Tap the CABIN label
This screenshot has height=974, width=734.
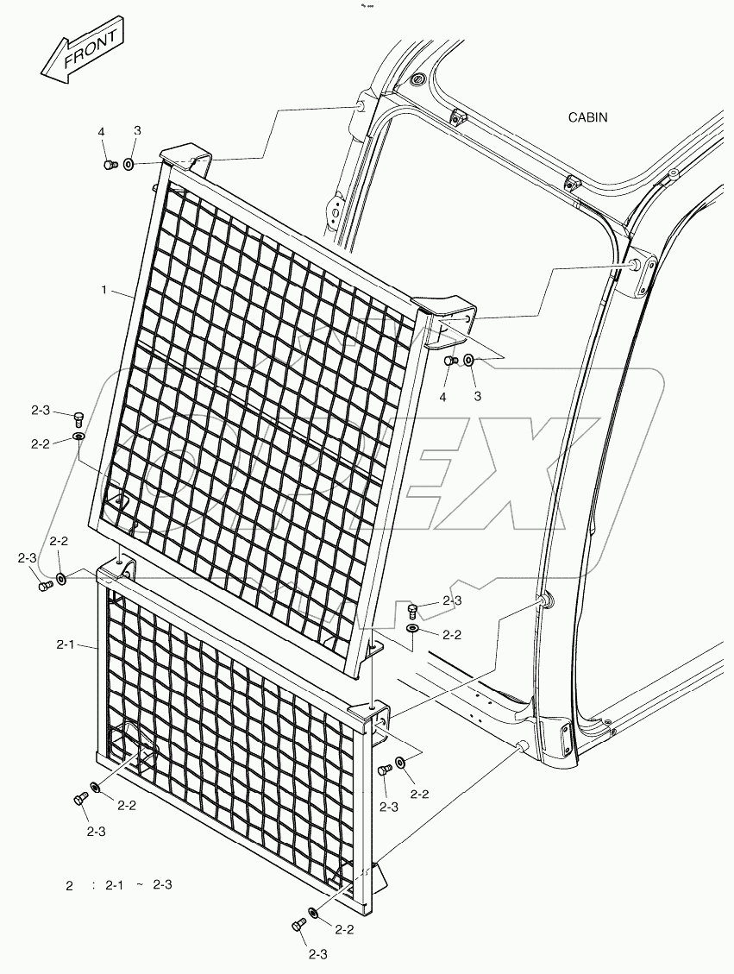pyautogui.click(x=587, y=117)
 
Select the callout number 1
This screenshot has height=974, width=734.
pyautogui.click(x=104, y=290)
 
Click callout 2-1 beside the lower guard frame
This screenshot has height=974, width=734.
pyautogui.click(x=66, y=645)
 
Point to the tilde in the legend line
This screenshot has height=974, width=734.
pyautogui.click(x=140, y=885)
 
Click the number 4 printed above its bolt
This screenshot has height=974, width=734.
pyautogui.click(x=101, y=132)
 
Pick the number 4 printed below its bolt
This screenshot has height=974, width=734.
pyautogui.click(x=442, y=397)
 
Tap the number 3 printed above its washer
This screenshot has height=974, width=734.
pyautogui.click(x=137, y=130)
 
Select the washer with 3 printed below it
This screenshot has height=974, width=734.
pyautogui.click(x=469, y=361)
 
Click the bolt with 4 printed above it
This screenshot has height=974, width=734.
pyautogui.click(x=110, y=164)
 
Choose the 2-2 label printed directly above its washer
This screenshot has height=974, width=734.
pyautogui.click(x=59, y=541)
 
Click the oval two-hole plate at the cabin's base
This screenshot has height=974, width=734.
pyautogui.click(x=567, y=739)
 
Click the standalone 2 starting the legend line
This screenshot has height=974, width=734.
pyautogui.click(x=70, y=886)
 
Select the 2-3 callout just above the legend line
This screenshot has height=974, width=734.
pyautogui.click(x=96, y=833)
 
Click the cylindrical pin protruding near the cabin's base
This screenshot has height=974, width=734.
pyautogui.click(x=522, y=745)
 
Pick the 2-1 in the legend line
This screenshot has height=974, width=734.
pyautogui.click(x=113, y=886)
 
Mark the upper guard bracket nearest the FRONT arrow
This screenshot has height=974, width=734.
pyautogui.click(x=185, y=158)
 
